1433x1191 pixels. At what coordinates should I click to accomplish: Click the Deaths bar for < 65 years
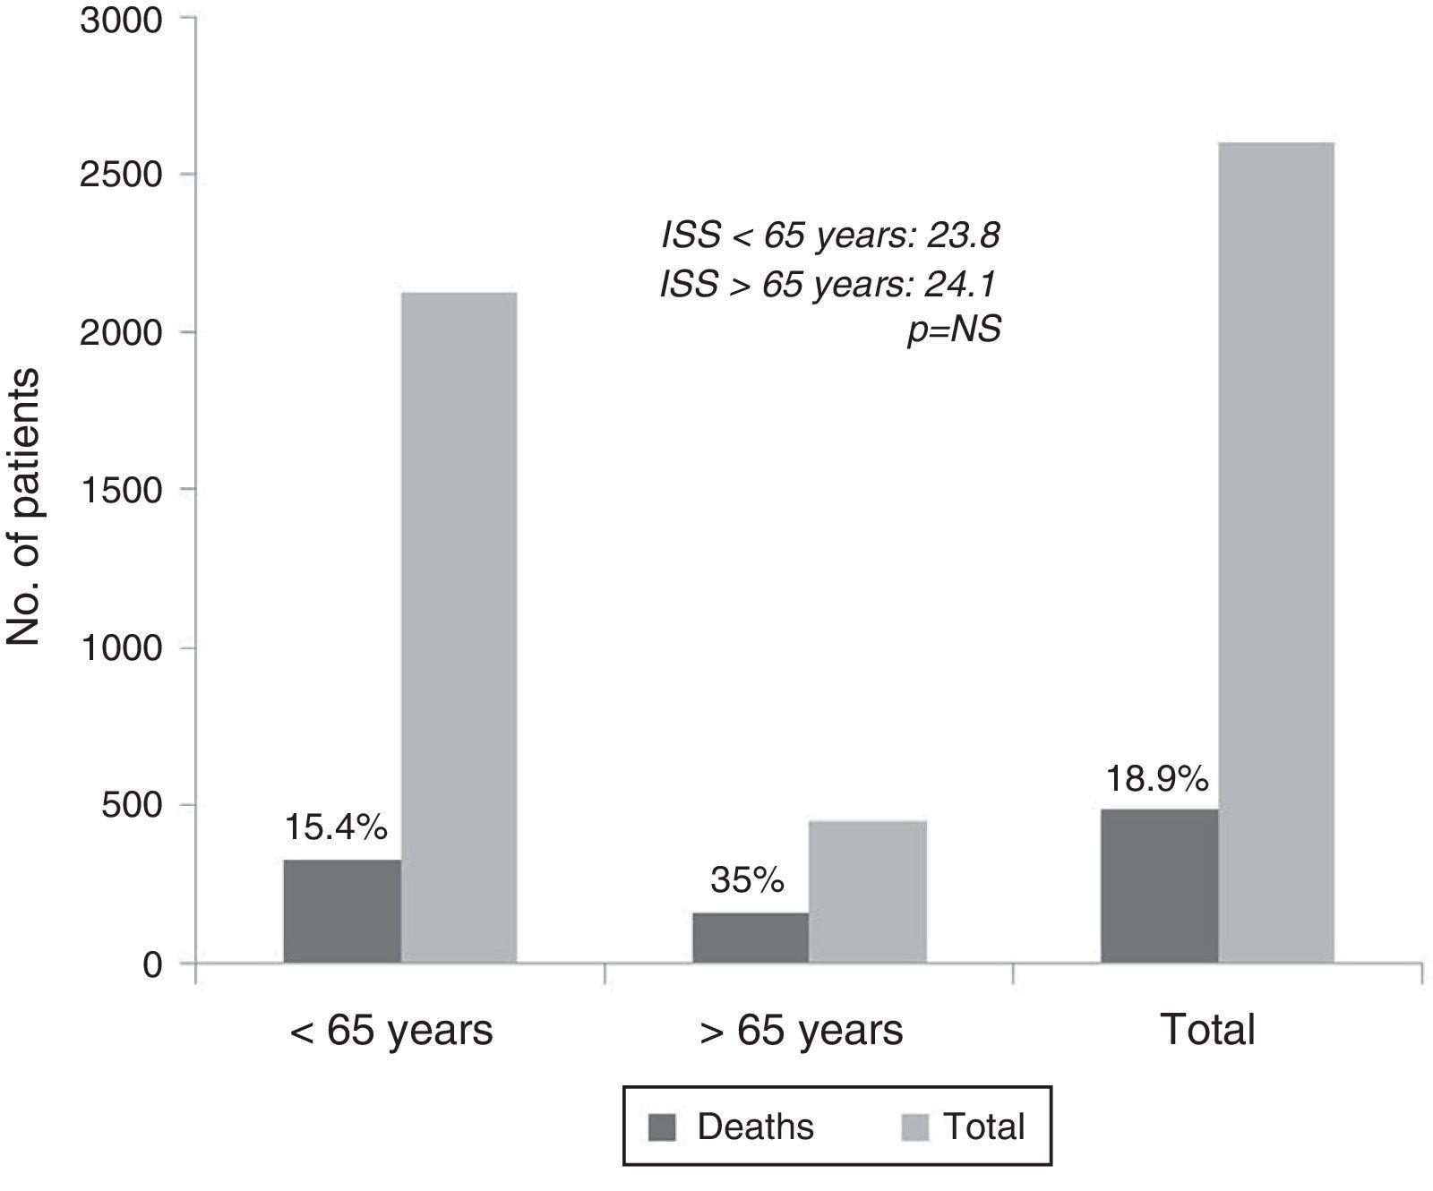[x=342, y=911]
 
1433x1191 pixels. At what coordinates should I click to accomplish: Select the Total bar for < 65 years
[x=459, y=627]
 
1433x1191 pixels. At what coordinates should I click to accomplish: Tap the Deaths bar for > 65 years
[x=751, y=938]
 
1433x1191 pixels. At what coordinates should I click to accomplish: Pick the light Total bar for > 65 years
[x=868, y=891]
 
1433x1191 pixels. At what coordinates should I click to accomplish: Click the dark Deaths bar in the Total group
[x=1159, y=886]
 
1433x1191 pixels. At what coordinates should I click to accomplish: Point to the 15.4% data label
[x=336, y=827]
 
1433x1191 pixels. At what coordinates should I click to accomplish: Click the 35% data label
[x=747, y=881]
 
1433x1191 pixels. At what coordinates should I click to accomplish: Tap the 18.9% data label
[x=1156, y=780]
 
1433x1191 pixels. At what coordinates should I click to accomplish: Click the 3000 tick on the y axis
[x=121, y=20]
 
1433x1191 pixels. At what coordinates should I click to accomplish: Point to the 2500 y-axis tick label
[x=121, y=176]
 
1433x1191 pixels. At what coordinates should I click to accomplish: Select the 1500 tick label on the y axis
[x=121, y=490]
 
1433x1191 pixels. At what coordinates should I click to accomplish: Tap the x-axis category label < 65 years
[x=390, y=1031]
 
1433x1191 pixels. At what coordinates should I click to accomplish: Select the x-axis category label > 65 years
[x=801, y=1031]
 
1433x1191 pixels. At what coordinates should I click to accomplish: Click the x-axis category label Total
[x=1207, y=1031]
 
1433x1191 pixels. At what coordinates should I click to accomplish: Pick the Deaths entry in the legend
[x=733, y=1127]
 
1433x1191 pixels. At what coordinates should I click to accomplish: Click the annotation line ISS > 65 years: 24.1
[x=829, y=284]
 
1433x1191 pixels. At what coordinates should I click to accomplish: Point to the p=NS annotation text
[x=953, y=331]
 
